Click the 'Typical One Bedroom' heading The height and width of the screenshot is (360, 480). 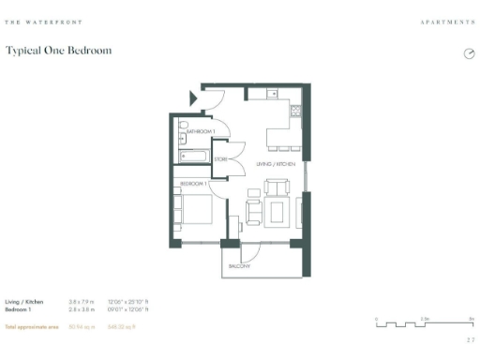click(58, 51)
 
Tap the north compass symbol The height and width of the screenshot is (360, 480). click(469, 53)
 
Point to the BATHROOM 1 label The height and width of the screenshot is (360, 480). click(200, 132)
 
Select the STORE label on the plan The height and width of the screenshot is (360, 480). click(221, 159)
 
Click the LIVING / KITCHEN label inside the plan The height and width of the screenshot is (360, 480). click(276, 164)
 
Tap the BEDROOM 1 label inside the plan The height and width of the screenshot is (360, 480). click(193, 184)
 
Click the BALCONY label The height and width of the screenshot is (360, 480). click(239, 266)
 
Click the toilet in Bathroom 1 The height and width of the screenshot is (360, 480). click(184, 125)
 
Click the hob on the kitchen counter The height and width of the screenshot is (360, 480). click(295, 111)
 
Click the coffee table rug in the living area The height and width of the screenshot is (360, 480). click(278, 212)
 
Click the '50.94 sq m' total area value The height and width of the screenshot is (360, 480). click(81, 326)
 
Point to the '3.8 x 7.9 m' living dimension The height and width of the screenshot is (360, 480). click(82, 302)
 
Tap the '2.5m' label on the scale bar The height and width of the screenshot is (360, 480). click(425, 319)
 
